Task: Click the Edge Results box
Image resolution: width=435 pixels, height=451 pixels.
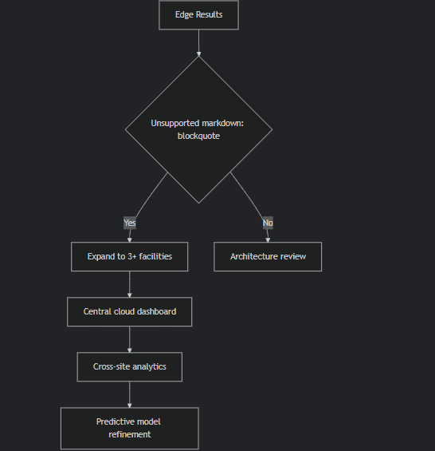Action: [x=198, y=14]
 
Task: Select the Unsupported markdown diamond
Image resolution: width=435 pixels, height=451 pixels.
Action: [x=198, y=130]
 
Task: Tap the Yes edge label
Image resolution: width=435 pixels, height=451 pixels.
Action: [x=130, y=223]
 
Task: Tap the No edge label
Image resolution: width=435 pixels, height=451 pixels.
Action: [x=268, y=223]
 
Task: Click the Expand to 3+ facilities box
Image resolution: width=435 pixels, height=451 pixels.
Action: [x=130, y=256]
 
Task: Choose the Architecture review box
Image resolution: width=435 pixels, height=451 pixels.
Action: [x=268, y=256]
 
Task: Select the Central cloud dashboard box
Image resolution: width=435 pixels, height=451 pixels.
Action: [x=130, y=312]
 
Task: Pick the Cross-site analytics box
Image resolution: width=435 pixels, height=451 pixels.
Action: [x=130, y=366]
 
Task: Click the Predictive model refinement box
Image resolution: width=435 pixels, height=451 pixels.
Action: [x=130, y=429]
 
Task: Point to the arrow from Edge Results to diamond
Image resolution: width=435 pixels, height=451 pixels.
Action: [x=198, y=43]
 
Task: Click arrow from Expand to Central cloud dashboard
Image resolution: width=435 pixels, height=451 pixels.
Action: [x=130, y=284]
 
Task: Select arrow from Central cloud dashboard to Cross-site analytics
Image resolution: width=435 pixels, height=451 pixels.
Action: [x=130, y=339]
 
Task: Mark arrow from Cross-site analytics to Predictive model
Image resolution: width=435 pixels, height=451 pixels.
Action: [x=130, y=394]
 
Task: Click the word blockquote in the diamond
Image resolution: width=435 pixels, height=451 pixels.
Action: [x=198, y=136]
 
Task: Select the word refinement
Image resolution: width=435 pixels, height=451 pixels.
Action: [x=130, y=434]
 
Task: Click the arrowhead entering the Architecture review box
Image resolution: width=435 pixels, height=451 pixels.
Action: [x=268, y=240]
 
